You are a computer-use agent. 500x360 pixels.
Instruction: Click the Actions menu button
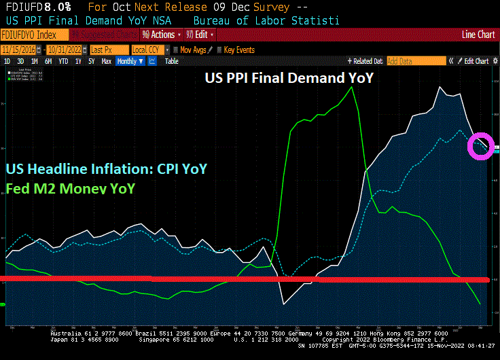click(162, 35)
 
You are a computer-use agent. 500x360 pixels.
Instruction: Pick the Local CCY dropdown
click(149, 50)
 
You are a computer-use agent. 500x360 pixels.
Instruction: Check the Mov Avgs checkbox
click(175, 50)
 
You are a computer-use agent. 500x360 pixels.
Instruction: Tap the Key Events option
click(238, 50)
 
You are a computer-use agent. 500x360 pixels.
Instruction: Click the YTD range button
click(63, 61)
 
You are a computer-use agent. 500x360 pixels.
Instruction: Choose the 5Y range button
click(92, 61)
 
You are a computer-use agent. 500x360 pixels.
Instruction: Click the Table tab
click(172, 61)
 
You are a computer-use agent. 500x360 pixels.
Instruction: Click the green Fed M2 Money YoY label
click(70, 187)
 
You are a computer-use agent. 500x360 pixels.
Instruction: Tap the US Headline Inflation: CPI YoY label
click(107, 168)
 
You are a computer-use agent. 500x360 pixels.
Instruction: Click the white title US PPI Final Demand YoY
click(289, 78)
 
